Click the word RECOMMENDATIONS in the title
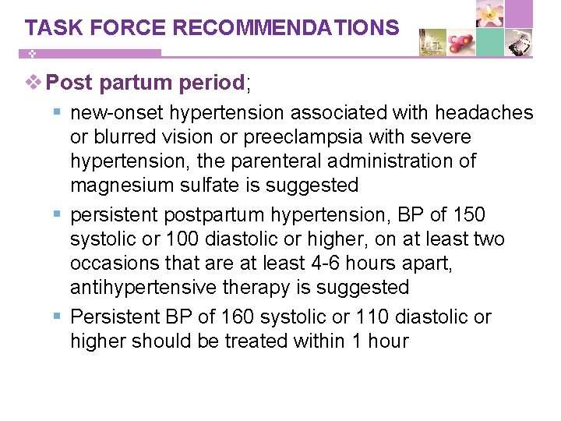286,28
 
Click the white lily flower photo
490,14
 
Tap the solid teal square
490,43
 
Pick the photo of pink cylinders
461,43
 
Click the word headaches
484,113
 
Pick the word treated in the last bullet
266,341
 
